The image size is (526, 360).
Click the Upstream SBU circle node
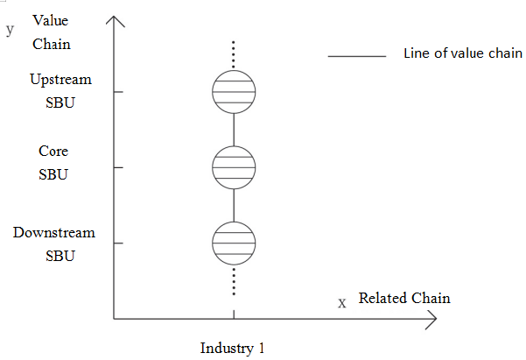point(234,91)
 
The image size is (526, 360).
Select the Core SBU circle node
point(234,167)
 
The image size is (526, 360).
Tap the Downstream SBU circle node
point(234,243)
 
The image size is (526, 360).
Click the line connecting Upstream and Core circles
point(234,130)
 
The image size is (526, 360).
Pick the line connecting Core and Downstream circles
point(234,205)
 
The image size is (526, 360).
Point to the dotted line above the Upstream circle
point(234,54)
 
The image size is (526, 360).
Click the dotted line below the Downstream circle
point(234,280)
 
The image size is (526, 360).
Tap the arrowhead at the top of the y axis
point(115,19)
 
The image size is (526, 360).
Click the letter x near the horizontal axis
point(342,302)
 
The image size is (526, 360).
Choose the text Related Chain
point(404,298)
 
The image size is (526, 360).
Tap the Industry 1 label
point(232,348)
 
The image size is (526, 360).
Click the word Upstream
point(60,80)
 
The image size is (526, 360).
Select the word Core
point(53,152)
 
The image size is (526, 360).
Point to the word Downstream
point(54,234)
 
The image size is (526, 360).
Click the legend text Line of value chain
point(463,53)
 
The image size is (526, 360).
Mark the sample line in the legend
point(357,57)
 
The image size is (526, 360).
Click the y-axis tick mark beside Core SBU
point(119,167)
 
